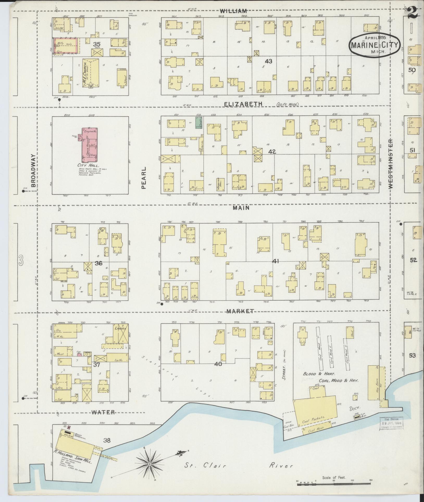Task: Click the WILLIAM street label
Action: click(x=233, y=11)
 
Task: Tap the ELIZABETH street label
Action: click(x=244, y=104)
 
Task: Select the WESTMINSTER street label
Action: click(x=390, y=163)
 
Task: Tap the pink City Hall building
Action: click(x=89, y=144)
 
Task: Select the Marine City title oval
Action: click(x=375, y=44)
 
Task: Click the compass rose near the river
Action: click(x=150, y=464)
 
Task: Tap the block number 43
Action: click(x=268, y=61)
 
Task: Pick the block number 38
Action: click(x=107, y=441)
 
